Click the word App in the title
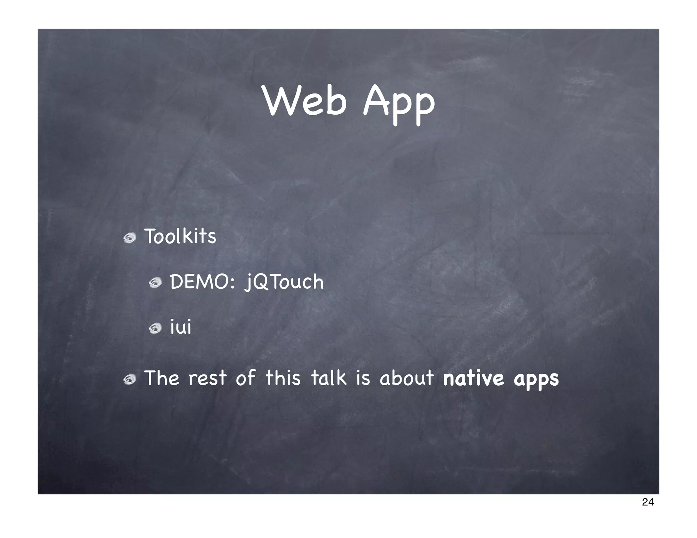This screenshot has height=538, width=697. pyautogui.click(x=399, y=102)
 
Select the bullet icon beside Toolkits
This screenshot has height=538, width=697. pyautogui.click(x=130, y=238)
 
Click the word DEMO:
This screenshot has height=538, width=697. pyautogui.click(x=202, y=282)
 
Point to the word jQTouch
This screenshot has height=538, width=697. pyautogui.click(x=284, y=283)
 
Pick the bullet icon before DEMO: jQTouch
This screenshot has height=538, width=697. pyautogui.click(x=155, y=283)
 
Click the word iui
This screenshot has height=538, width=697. pyautogui.click(x=180, y=327)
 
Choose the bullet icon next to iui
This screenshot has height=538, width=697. pyautogui.click(x=155, y=329)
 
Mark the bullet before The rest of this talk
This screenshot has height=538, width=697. pyautogui.click(x=130, y=380)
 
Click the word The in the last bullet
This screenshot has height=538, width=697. pyautogui.click(x=162, y=378)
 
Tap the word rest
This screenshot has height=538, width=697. pyautogui.click(x=207, y=379)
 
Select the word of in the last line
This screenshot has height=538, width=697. pyautogui.click(x=245, y=378)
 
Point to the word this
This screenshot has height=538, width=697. pyautogui.click(x=283, y=378)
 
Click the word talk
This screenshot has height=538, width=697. pyautogui.click(x=329, y=378)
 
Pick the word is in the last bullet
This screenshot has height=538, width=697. pyautogui.click(x=363, y=378)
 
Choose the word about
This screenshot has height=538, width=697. pyautogui.click(x=406, y=378)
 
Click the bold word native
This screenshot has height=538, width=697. pyautogui.click(x=473, y=378)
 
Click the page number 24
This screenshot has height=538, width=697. pyautogui.click(x=648, y=502)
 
